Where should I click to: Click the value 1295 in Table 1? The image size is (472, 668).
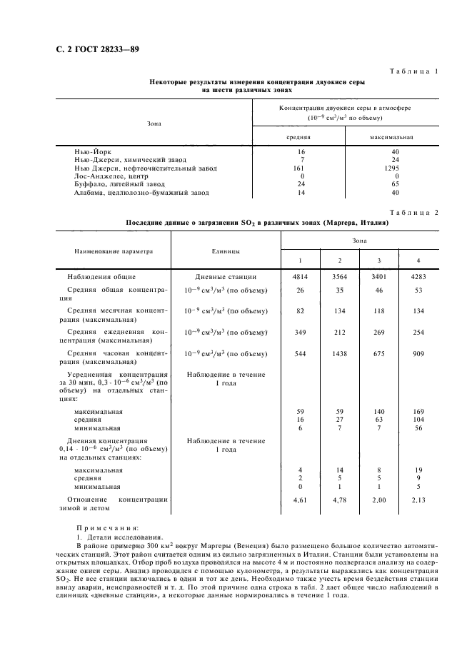point(391,168)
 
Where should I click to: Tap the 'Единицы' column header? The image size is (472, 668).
point(226,250)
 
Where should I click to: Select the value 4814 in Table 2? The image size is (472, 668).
point(299,276)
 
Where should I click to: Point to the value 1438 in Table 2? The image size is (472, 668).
point(340,353)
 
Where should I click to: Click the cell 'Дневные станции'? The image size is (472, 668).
point(226,276)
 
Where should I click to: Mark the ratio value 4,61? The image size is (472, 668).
point(299,500)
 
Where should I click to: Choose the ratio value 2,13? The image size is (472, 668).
point(418,500)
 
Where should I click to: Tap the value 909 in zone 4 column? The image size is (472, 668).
point(418,353)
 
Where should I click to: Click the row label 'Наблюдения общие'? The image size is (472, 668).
point(101,276)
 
